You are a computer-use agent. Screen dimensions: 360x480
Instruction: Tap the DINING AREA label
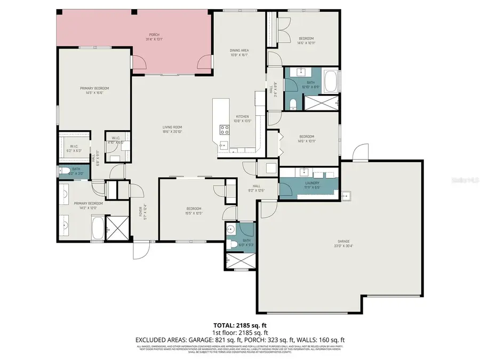click(239, 51)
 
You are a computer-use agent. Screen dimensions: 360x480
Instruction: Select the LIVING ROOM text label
click(172, 127)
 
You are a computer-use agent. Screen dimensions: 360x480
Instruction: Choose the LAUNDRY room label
click(308, 183)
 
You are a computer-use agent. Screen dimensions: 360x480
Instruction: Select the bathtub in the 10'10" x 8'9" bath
click(331, 82)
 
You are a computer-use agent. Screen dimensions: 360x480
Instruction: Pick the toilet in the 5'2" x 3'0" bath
click(62, 172)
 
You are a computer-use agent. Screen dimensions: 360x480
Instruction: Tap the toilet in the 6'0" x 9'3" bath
click(231, 245)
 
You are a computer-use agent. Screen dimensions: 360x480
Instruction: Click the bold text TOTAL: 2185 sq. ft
click(239, 324)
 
